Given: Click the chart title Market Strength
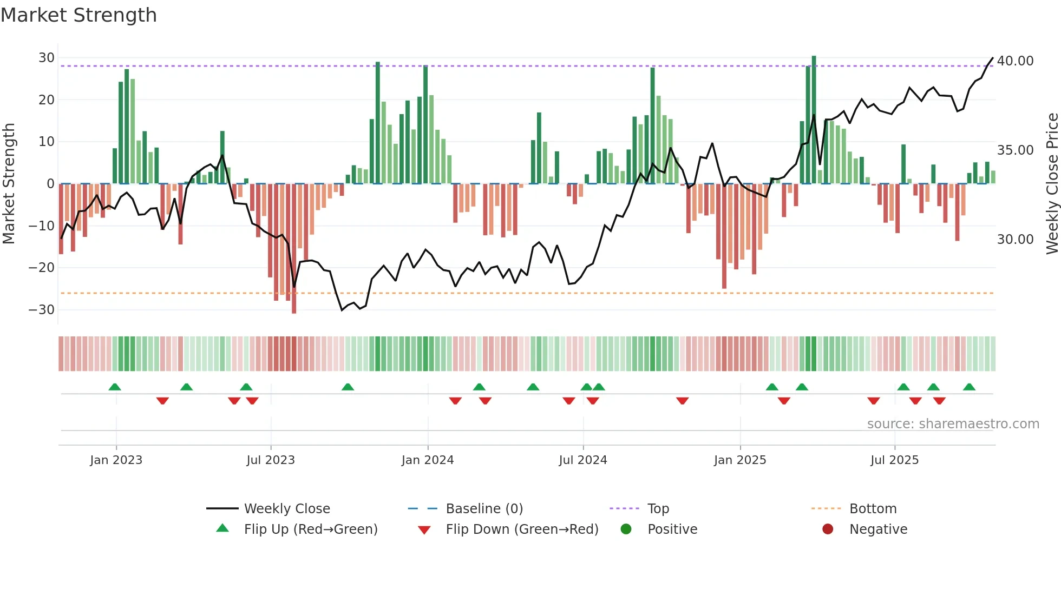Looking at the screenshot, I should click(78, 15).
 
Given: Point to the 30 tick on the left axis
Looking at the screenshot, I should click(47, 58).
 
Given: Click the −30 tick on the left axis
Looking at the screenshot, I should click(42, 310).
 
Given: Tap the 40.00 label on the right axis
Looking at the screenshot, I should click(1015, 61).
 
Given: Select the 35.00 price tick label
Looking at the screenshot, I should click(1015, 150).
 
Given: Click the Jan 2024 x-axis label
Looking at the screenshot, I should click(427, 460).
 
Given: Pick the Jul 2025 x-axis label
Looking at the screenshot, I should click(894, 460).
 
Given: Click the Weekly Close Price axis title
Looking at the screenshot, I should click(1052, 184).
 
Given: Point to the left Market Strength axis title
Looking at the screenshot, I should click(9, 184).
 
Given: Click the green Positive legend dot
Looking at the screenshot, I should click(626, 529).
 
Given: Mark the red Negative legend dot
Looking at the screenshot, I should click(828, 529).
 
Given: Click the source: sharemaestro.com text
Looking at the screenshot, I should click(953, 424).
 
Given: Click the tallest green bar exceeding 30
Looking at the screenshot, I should click(814, 119).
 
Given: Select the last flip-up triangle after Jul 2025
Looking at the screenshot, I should click(969, 387).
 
